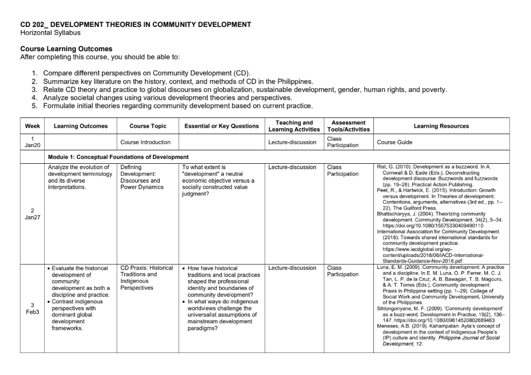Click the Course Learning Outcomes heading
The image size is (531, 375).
(x=66, y=49)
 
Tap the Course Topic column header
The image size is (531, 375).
(x=147, y=126)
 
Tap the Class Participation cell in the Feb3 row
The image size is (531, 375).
(x=343, y=271)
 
